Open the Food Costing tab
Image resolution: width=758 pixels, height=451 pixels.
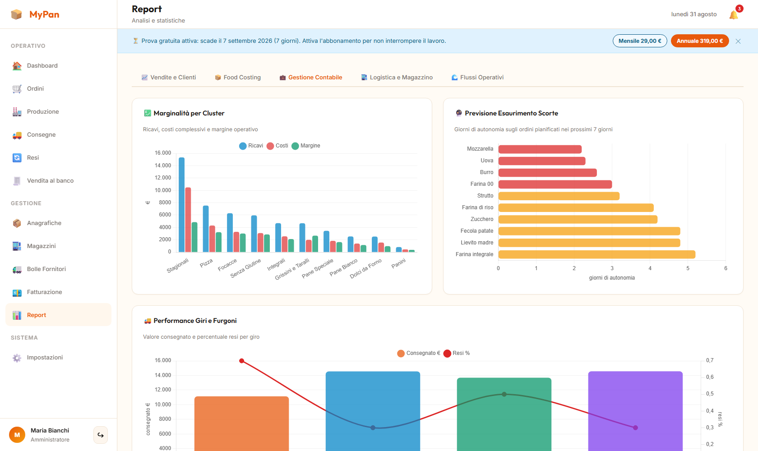pyautogui.click(x=237, y=78)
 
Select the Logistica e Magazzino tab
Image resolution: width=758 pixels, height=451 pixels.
pyautogui.click(x=397, y=78)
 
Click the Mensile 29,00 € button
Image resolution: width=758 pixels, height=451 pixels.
pyautogui.click(x=640, y=41)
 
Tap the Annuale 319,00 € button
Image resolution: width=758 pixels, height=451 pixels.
pyautogui.click(x=699, y=41)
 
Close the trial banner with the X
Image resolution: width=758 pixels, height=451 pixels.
pyautogui.click(x=738, y=41)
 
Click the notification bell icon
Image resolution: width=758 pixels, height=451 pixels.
pyautogui.click(x=734, y=14)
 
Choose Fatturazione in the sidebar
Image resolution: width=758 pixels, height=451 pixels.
pyautogui.click(x=44, y=292)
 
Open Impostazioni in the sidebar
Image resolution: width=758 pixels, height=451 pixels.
pyautogui.click(x=45, y=358)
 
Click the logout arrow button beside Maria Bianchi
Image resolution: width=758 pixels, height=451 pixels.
pyautogui.click(x=101, y=435)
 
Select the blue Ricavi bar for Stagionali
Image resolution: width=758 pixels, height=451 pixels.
pyautogui.click(x=181, y=205)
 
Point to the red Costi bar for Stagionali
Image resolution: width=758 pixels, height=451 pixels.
pyautogui.click(x=188, y=220)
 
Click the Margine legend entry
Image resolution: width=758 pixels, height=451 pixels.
pyautogui.click(x=306, y=146)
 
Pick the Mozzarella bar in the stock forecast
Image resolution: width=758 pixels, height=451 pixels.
pyautogui.click(x=540, y=149)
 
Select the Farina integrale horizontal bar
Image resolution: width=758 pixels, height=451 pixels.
pyautogui.click(x=596, y=254)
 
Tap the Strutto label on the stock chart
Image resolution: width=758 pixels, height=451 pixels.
pyautogui.click(x=485, y=196)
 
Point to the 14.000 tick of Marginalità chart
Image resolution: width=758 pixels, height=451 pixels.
pyautogui.click(x=163, y=166)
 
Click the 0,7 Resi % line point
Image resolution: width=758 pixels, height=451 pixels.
pyautogui.click(x=242, y=361)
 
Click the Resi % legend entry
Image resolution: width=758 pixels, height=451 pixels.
pyautogui.click(x=457, y=353)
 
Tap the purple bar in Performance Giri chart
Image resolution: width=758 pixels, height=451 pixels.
pyautogui.click(x=635, y=411)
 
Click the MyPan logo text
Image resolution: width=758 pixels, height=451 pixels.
pyautogui.click(x=44, y=14)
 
